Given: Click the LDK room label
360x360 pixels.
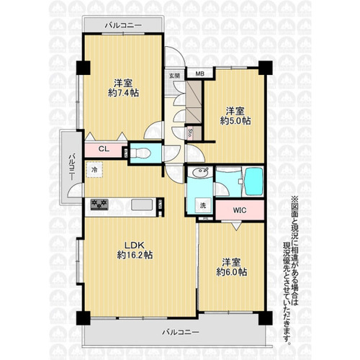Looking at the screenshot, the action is (135, 245).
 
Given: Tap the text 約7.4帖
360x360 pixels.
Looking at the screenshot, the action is (123, 93).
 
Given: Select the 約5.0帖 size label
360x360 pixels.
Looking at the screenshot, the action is (235, 121).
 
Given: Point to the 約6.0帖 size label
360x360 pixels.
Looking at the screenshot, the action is (232, 272).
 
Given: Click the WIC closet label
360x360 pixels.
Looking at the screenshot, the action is (240, 210).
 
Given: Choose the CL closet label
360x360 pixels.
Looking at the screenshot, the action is (104, 149).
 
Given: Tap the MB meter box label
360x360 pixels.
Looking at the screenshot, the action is (199, 73).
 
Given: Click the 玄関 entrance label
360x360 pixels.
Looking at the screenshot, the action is (174, 76).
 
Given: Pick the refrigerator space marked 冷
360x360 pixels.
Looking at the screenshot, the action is (94, 170).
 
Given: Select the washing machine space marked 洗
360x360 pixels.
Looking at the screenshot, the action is (203, 205).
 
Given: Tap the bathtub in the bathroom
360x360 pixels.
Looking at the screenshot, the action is (253, 181).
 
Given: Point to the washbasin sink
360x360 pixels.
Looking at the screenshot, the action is (199, 172).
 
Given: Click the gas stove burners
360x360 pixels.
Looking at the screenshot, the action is (99, 204).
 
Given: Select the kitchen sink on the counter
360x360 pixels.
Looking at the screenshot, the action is (142, 204).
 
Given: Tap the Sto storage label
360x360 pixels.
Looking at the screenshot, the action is (189, 133).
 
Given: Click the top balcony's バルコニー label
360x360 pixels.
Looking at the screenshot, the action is (123, 25).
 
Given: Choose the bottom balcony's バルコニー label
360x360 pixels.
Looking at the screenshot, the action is (181, 333).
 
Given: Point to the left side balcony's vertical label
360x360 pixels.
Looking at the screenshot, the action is (72, 167).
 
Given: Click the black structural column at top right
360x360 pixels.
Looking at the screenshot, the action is (266, 68).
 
